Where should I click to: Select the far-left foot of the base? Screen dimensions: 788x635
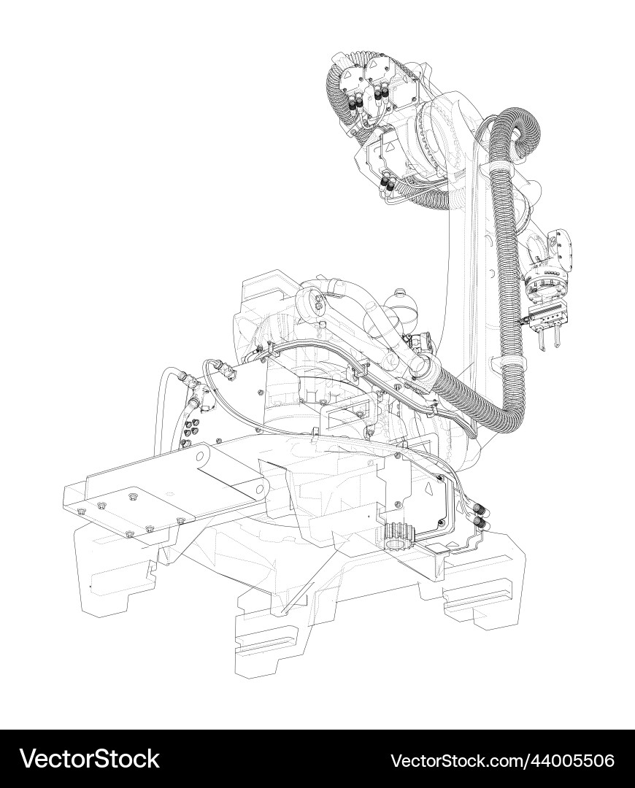(x=109, y=576)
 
